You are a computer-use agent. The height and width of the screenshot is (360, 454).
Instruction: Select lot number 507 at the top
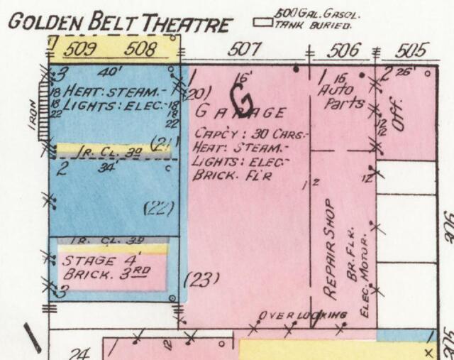click(245, 50)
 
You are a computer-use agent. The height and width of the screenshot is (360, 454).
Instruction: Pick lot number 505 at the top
click(412, 50)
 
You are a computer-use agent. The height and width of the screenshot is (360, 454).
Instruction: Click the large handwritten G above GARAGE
click(243, 99)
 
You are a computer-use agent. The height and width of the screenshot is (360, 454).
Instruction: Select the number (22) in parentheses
click(159, 207)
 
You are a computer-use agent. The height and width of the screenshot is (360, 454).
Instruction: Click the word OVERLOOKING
click(302, 315)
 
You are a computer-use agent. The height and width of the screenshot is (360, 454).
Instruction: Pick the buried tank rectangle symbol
click(265, 21)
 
